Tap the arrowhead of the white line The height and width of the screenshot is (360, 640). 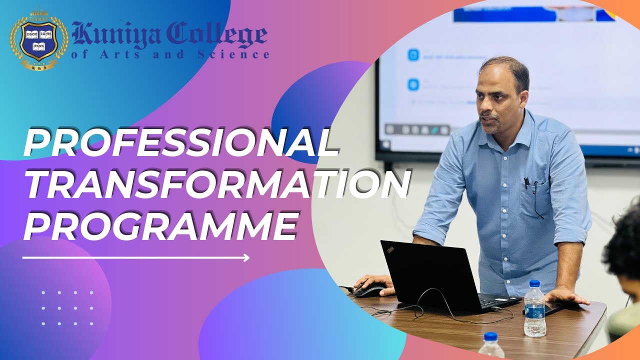click(x=246, y=258)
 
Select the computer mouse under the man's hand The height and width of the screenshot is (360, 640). click(x=370, y=289)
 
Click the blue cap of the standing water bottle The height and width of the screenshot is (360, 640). click(x=534, y=284)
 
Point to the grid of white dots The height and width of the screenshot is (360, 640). click(x=67, y=308)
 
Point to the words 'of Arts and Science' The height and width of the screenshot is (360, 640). click(x=170, y=54)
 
